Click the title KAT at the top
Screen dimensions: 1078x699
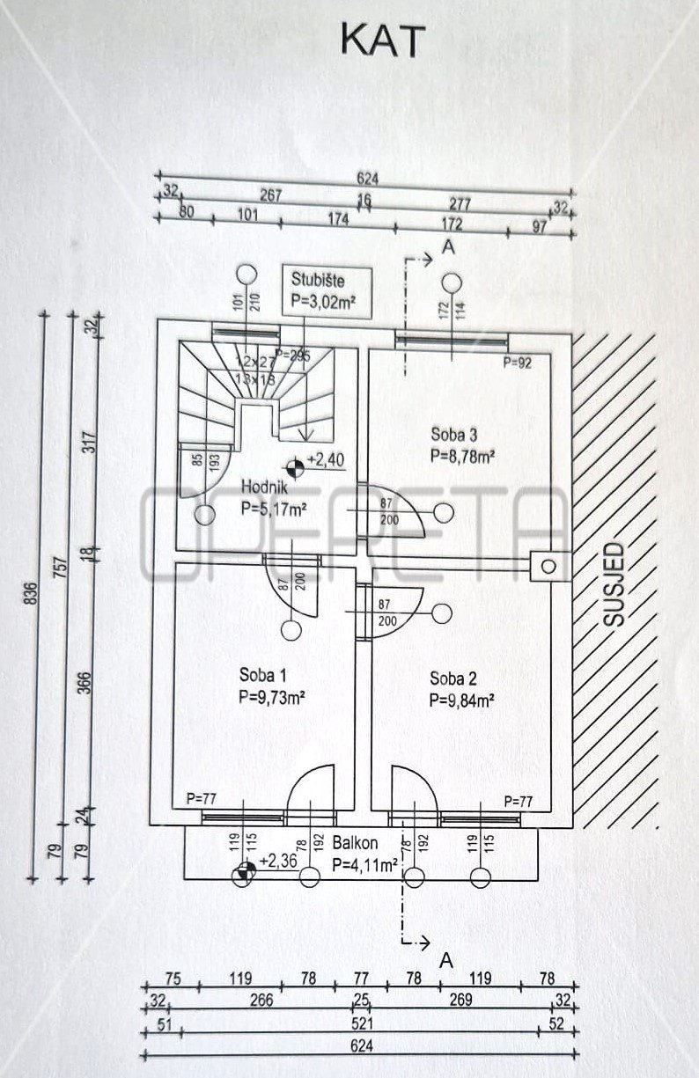click(382, 41)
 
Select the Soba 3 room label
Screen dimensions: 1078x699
click(453, 433)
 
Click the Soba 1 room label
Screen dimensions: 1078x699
click(263, 675)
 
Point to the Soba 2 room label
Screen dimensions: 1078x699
click(453, 678)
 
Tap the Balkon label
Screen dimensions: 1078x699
click(356, 843)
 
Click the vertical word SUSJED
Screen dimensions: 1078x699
click(616, 584)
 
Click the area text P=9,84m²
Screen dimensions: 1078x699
click(460, 701)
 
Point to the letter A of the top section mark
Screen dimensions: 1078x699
click(448, 249)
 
